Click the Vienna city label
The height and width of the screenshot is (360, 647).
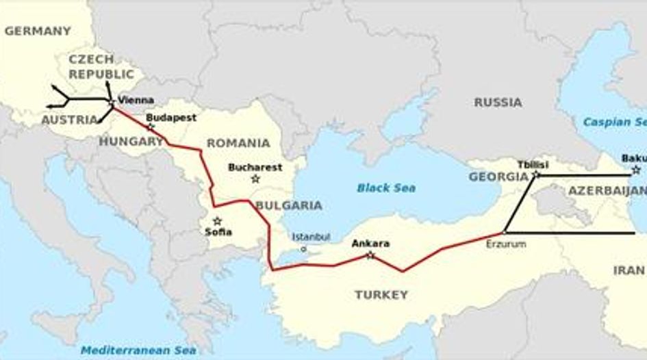136,99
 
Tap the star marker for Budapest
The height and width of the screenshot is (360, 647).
151,127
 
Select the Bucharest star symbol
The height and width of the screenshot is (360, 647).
255,179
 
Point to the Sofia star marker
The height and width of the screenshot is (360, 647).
218,220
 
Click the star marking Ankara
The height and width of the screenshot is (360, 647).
370,255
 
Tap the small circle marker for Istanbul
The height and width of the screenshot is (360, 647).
304,249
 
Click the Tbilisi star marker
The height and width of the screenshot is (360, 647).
536,175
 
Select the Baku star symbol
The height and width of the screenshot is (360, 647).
636,170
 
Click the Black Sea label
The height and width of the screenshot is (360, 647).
386,188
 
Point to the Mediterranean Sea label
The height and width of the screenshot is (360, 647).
139,350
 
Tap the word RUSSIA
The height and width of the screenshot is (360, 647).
498,102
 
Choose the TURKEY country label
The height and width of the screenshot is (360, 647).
381,295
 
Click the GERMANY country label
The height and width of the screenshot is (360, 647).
37,31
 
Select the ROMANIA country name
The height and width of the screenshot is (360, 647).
238,143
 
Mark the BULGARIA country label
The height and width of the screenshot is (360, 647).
288,205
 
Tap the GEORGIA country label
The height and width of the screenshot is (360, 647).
498,177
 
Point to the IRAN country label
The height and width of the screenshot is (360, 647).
629,270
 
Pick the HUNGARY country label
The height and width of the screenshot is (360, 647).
131,142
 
